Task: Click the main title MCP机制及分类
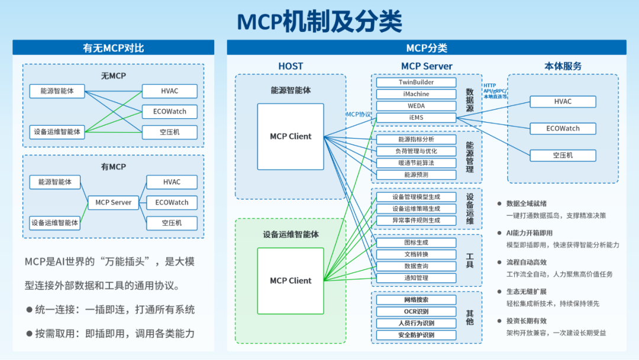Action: point(319,21)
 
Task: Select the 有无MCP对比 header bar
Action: point(113,48)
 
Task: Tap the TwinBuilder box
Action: point(416,82)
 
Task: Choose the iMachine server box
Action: point(416,94)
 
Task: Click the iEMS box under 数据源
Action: point(416,117)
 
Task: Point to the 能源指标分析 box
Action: point(416,140)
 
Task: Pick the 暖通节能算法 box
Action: point(416,163)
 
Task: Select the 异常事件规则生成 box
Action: point(416,220)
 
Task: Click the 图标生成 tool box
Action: point(416,243)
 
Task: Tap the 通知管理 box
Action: point(416,278)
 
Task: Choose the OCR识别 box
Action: point(416,311)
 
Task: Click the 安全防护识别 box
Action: point(416,335)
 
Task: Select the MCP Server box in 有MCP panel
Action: point(113,202)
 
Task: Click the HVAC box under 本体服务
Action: point(563,101)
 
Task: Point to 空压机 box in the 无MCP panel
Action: point(169,132)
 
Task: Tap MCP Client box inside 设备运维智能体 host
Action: point(291,281)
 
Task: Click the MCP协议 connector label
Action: point(359,114)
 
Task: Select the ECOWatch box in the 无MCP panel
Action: point(169,111)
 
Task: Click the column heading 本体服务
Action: point(563,66)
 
